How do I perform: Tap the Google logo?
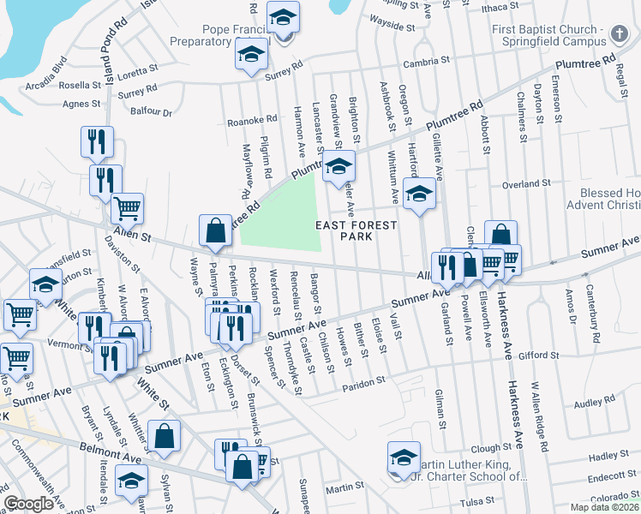pyautogui.click(x=29, y=504)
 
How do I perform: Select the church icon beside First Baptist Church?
pyautogui.click(x=620, y=34)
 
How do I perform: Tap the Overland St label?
pyautogui.click(x=549, y=183)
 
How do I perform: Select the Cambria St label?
pyautogui.click(x=428, y=62)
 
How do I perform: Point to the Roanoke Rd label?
pyautogui.click(x=253, y=120)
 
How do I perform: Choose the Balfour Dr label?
pyautogui.click(x=151, y=111)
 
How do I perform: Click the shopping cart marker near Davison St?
pyautogui.click(x=127, y=207)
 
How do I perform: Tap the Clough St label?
pyautogui.click(x=491, y=448)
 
